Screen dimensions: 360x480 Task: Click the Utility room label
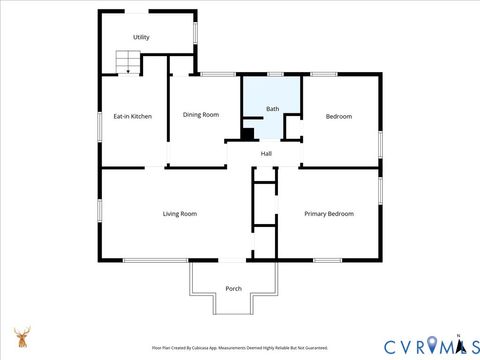click(141, 37)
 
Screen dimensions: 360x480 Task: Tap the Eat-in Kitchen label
click(132, 117)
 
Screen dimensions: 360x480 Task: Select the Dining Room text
click(200, 115)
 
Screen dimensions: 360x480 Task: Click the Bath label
click(272, 108)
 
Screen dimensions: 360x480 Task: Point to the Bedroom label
click(338, 117)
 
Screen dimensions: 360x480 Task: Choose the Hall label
click(266, 153)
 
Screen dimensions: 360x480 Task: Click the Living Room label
click(180, 213)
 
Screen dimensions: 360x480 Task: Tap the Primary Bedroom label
click(329, 213)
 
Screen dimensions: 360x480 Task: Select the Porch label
click(233, 288)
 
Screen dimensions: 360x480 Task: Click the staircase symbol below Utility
click(127, 62)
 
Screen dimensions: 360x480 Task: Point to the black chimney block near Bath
click(247, 134)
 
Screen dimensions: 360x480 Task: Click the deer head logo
click(22, 336)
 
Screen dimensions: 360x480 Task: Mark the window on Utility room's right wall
click(196, 31)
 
